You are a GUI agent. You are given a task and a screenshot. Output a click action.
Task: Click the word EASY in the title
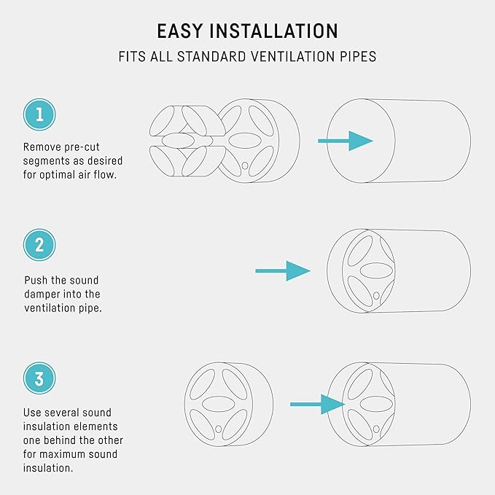click(180, 31)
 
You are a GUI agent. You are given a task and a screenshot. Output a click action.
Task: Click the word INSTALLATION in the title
click(273, 31)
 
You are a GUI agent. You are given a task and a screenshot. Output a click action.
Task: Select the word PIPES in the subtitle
click(358, 57)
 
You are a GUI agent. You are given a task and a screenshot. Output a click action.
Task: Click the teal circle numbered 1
click(39, 114)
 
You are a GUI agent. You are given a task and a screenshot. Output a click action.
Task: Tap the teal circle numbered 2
click(39, 245)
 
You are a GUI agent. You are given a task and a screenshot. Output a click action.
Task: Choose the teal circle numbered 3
click(39, 378)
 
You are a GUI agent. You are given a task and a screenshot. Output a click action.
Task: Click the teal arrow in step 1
click(346, 141)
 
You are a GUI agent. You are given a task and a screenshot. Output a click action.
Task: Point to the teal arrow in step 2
click(283, 271)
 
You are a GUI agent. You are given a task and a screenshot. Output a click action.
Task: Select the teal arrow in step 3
click(318, 405)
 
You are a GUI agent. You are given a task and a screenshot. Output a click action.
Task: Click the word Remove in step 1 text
click(42, 147)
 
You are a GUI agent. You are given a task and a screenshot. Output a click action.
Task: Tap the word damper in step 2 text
click(42, 295)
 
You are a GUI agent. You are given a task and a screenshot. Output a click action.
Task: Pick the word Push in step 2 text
click(36, 280)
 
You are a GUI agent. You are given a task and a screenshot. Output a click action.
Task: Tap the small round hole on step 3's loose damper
click(218, 429)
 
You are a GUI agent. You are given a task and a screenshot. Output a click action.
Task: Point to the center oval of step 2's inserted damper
click(376, 271)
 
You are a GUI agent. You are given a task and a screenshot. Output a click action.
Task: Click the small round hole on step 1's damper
click(245, 165)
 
